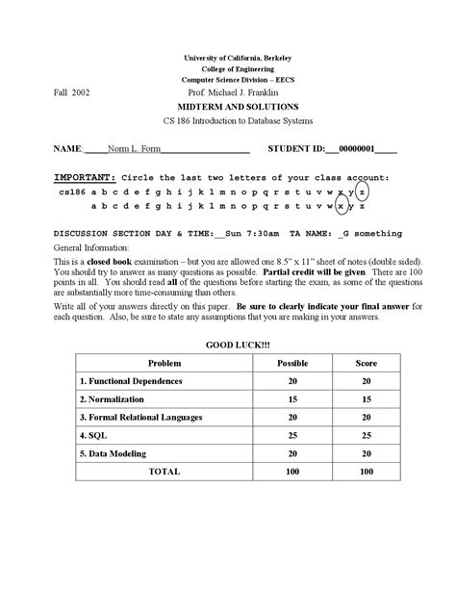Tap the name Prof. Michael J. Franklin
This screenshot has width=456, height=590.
coord(226,93)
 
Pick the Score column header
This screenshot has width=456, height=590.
coord(366,364)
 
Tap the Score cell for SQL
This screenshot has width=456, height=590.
coord(366,436)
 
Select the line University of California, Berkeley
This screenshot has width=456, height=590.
coord(226,59)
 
